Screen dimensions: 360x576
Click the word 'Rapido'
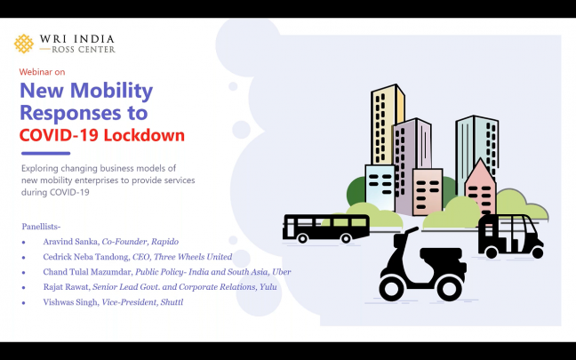click(164, 242)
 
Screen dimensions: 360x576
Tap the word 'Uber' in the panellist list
click(281, 272)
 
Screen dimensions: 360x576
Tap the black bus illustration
click(325, 228)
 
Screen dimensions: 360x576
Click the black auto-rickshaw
click(509, 236)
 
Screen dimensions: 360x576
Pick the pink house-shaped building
click(481, 188)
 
